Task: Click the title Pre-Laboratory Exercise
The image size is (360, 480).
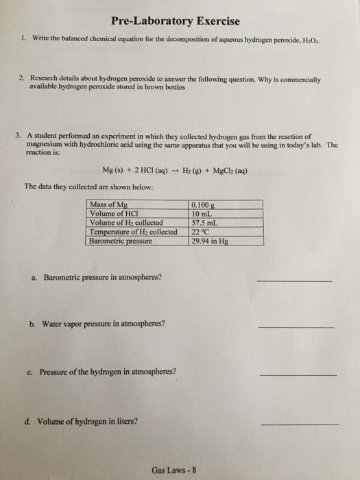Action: (x=180, y=21)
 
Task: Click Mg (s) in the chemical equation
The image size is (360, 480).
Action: (x=112, y=169)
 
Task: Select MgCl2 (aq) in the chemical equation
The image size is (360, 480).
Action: (x=240, y=169)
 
